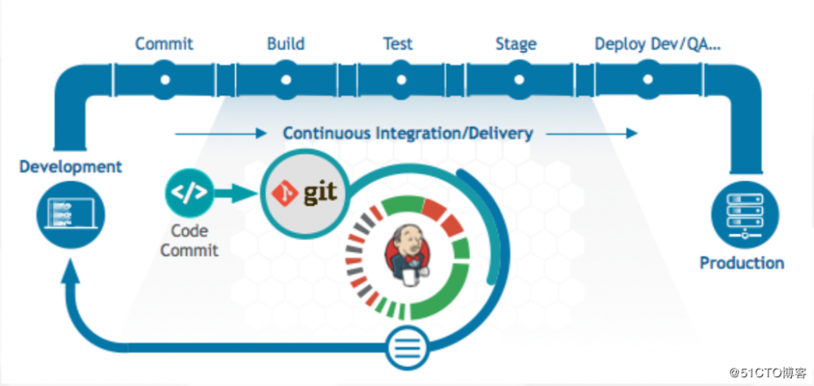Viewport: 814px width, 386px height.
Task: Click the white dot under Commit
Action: [165, 80]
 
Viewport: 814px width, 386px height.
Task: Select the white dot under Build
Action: [286, 80]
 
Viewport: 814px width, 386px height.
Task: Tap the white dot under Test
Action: [400, 80]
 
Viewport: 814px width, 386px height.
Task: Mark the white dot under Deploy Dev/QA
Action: [648, 80]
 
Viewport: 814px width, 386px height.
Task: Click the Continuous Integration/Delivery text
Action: [408, 133]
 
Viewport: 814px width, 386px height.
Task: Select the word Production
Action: [742, 263]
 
